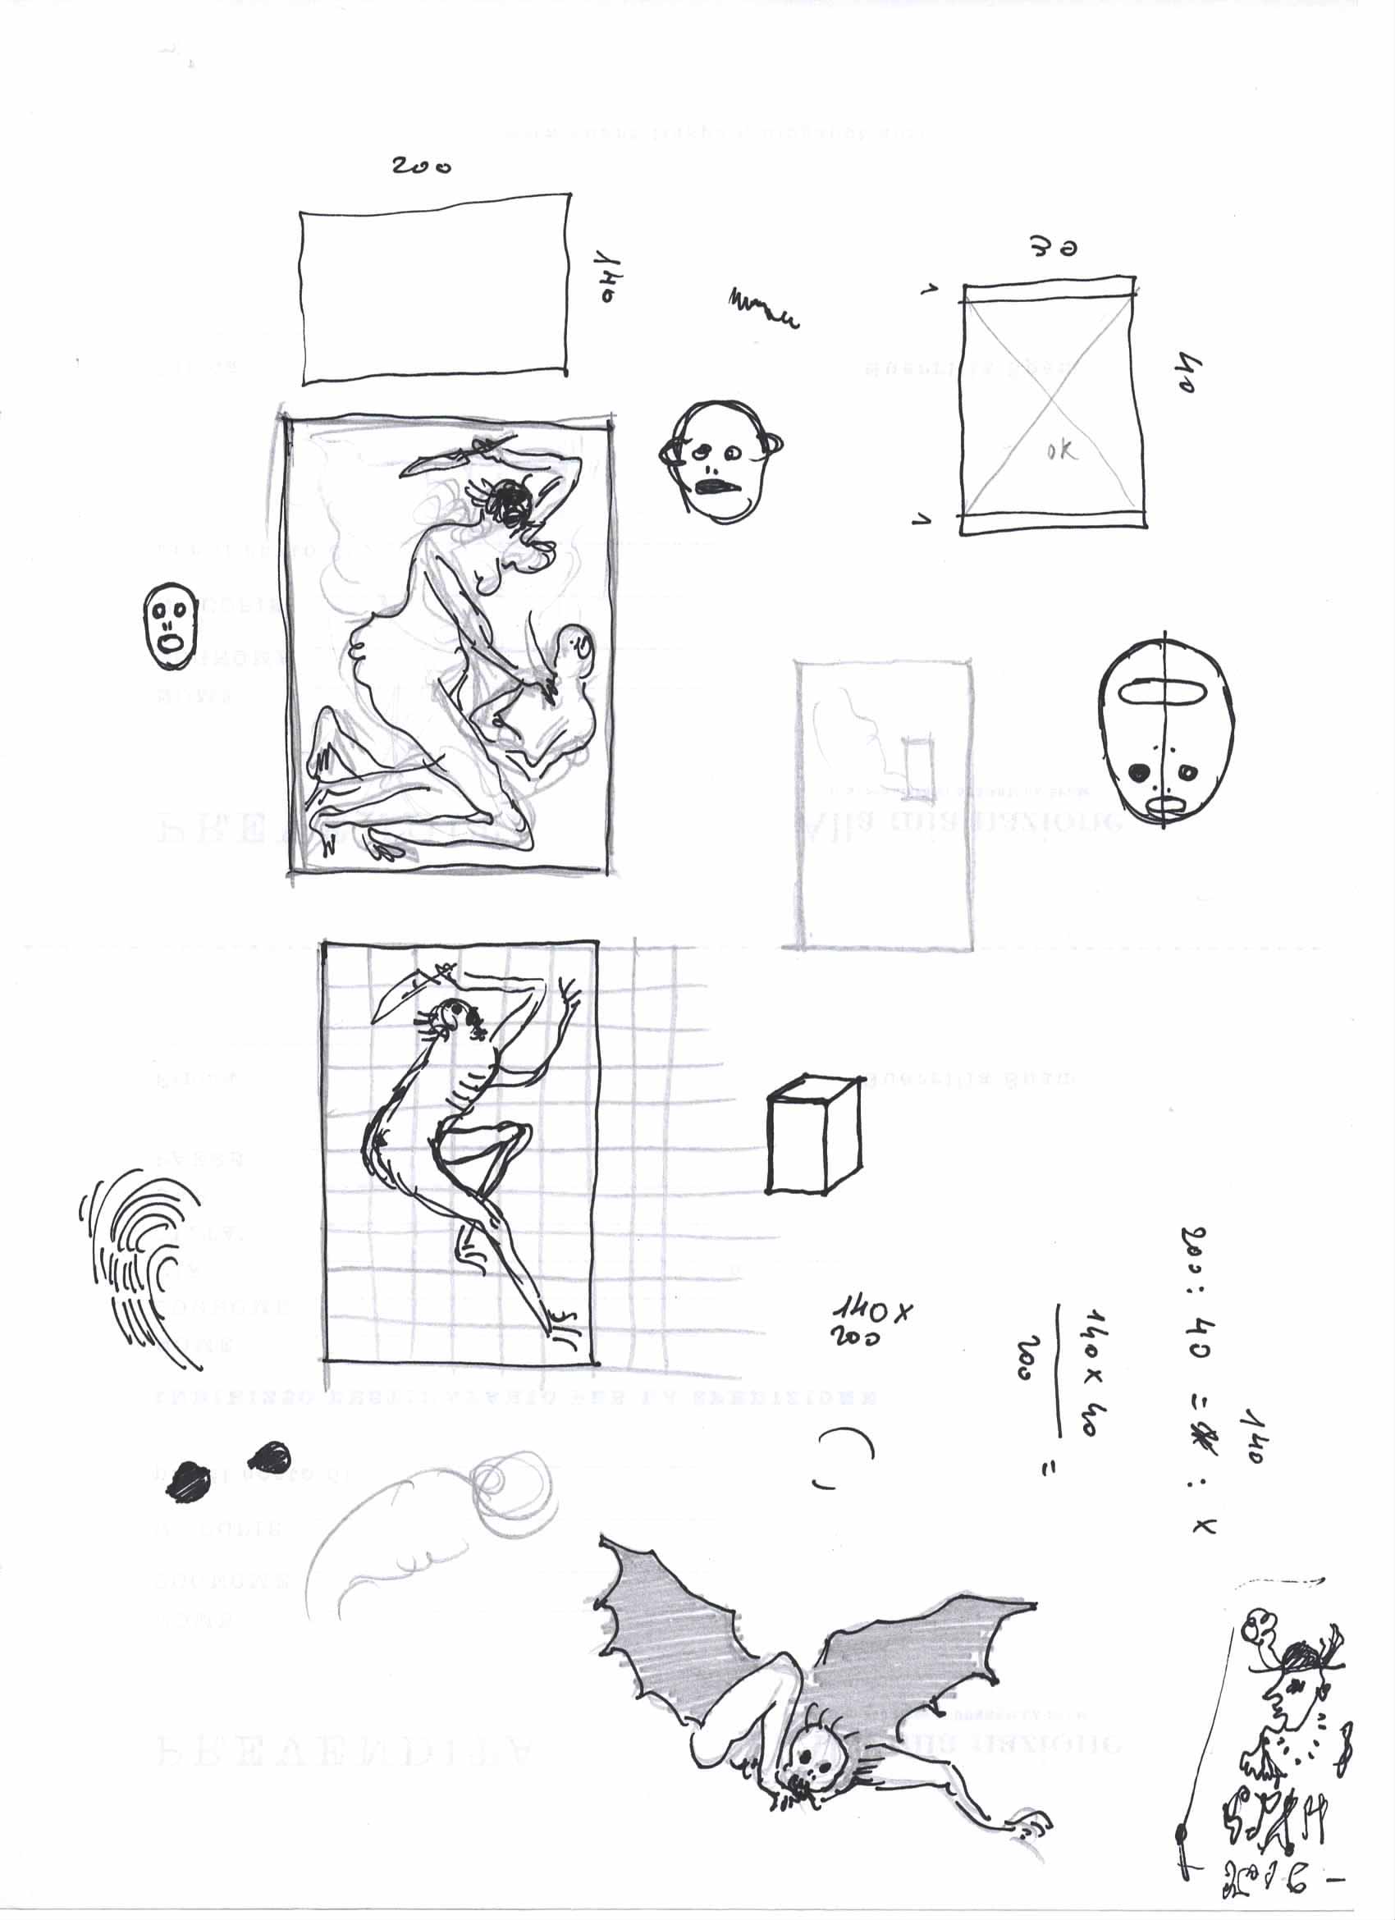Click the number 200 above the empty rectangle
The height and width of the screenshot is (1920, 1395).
pos(421,166)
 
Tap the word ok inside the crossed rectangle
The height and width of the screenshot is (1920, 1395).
pos(1062,450)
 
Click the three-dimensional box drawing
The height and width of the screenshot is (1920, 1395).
pos(813,1136)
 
